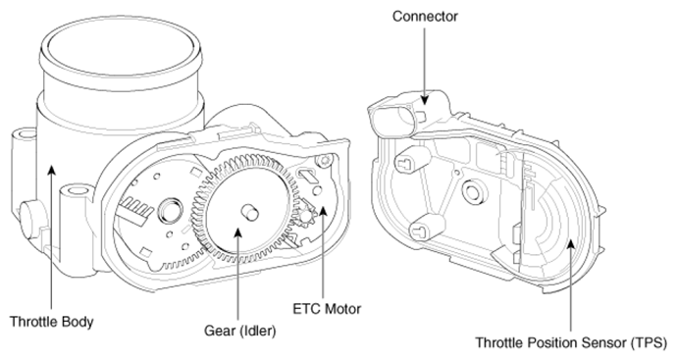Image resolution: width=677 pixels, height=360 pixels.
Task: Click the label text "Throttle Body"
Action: point(51,322)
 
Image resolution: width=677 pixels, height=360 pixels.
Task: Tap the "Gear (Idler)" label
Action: point(239,332)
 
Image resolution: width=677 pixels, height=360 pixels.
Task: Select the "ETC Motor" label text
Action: point(327,309)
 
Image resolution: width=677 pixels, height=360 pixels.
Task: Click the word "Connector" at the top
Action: point(425,17)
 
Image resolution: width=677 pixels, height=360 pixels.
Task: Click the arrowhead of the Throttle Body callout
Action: point(51,169)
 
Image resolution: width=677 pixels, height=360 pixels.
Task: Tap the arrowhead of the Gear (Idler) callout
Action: point(237,231)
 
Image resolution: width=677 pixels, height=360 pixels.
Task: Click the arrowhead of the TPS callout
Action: point(570,244)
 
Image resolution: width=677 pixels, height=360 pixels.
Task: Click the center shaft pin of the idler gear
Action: point(249,212)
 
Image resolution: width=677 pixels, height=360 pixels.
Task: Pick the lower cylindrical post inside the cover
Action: point(426,228)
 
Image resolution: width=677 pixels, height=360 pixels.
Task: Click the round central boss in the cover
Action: point(474,190)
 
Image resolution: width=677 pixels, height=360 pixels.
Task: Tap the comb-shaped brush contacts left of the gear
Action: point(136,208)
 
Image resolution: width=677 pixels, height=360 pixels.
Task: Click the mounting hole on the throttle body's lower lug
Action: point(78,190)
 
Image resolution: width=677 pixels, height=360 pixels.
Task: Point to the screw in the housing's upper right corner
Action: point(324,161)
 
